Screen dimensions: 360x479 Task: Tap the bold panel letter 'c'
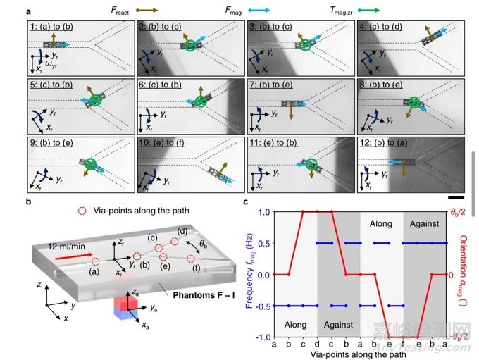pos(245,203)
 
